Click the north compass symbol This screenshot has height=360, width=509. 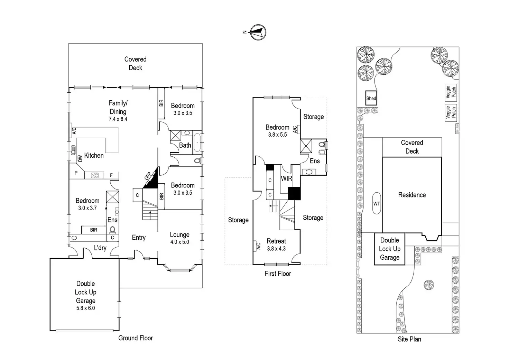click(x=258, y=32)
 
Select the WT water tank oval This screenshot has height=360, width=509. click(x=377, y=204)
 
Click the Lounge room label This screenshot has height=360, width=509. click(x=179, y=235)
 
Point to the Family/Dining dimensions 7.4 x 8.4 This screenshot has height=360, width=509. click(x=118, y=119)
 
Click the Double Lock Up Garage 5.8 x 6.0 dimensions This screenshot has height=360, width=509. click(x=85, y=308)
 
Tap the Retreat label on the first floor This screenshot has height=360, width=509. click(x=276, y=241)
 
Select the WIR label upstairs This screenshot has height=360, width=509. click(x=286, y=178)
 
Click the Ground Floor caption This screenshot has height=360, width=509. click(x=135, y=338)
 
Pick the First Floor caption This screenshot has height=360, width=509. click(x=278, y=274)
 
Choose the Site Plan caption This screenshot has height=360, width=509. click(x=409, y=339)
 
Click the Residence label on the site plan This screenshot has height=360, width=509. click(x=412, y=195)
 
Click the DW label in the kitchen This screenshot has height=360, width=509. click(x=80, y=158)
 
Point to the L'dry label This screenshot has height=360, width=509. click(x=100, y=248)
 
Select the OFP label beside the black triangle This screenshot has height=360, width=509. click(x=147, y=176)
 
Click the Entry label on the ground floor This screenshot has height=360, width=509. click(x=139, y=238)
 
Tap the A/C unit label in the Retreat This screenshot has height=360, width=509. click(x=258, y=246)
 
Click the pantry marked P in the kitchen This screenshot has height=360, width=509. click(x=76, y=173)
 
